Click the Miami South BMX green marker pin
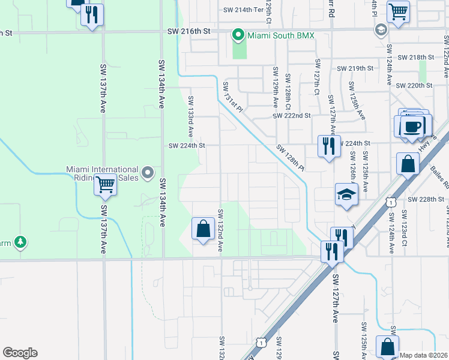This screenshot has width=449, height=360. pyautogui.click(x=239, y=35)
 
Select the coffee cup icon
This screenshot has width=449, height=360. pyautogui.click(x=412, y=127)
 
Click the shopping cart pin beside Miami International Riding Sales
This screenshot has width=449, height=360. pyautogui.click(x=105, y=186)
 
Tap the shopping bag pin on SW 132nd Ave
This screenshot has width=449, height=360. pyautogui.click(x=203, y=229)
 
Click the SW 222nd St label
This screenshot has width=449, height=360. pyautogui.click(x=291, y=115)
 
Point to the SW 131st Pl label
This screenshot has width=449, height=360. pyautogui.click(x=232, y=97)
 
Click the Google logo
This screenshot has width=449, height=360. pyautogui.click(x=20, y=353)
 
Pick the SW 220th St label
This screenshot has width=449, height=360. pyautogui.click(x=414, y=86)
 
